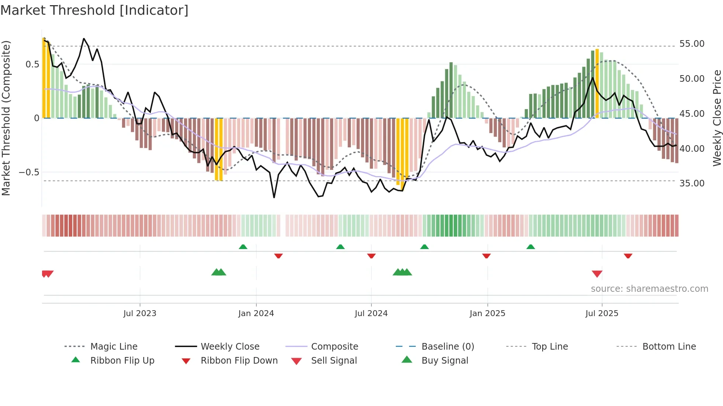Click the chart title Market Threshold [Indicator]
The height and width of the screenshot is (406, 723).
click(94, 10)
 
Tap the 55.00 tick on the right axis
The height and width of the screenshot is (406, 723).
click(692, 44)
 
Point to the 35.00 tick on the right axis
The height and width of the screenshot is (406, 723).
click(692, 183)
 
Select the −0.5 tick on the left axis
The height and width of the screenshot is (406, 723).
click(29, 172)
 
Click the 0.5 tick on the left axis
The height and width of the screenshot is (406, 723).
click(32, 64)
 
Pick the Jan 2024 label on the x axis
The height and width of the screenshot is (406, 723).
click(256, 314)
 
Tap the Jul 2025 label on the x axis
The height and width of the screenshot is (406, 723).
click(602, 314)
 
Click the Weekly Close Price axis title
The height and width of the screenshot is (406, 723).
click(717, 118)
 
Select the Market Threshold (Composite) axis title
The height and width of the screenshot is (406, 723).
click(6, 118)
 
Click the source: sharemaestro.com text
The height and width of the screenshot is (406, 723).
click(649, 289)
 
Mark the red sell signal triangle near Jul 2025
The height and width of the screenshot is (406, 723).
click(597, 274)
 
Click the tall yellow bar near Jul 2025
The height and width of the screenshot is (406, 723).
click(597, 83)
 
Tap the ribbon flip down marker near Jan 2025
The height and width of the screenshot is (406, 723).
click(486, 256)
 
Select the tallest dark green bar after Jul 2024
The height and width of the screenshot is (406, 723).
click(451, 90)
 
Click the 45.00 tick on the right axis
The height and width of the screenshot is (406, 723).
click(692, 114)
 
